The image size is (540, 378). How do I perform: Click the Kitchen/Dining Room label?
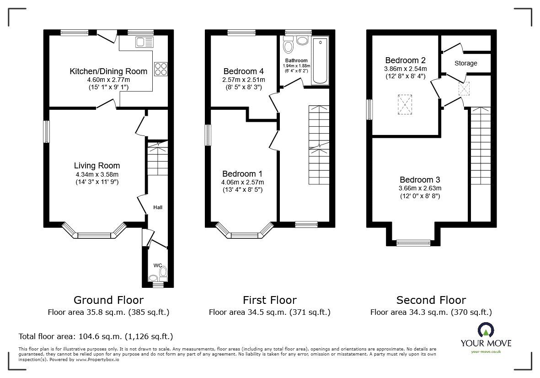tap(108, 71)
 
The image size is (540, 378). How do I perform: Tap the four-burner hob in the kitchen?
tap(161, 69)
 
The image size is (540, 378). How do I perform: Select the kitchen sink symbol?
tap(144, 42)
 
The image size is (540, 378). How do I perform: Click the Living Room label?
tap(97, 166)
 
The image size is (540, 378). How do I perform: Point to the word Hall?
tap(158, 207)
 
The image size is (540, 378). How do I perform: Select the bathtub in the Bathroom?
tap(320, 61)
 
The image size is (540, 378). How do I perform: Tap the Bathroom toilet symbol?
tap(288, 45)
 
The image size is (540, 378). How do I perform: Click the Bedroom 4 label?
tap(244, 71)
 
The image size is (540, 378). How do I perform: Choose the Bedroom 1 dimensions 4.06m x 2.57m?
tap(242, 182)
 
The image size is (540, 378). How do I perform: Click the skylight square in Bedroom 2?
tap(405, 104)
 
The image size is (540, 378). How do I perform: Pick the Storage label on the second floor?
tap(465, 64)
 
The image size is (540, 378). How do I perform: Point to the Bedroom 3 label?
tap(420, 180)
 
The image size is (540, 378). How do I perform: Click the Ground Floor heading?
tap(108, 300)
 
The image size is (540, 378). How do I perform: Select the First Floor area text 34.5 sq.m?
tap(270, 313)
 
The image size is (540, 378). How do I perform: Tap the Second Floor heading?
tap(431, 300)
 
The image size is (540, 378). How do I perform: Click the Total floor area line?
tap(96, 336)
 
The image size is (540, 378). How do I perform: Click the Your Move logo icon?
tap(486, 330)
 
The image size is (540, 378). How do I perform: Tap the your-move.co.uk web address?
tap(486, 351)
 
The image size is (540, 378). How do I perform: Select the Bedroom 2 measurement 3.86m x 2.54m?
tap(406, 69)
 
